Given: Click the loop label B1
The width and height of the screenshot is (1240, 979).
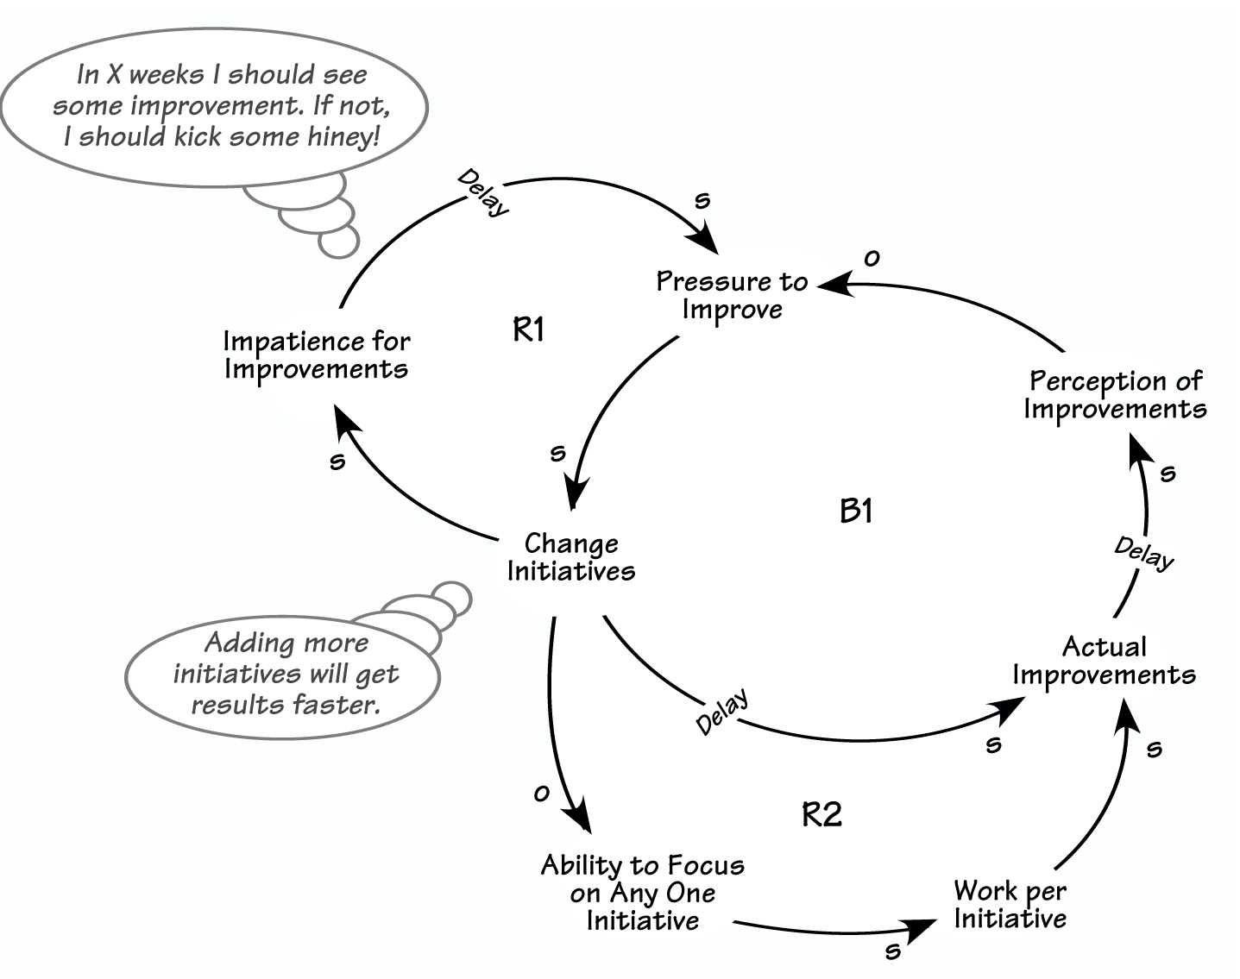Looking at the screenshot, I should coord(856,511).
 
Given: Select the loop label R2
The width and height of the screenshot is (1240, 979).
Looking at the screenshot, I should coord(821,813).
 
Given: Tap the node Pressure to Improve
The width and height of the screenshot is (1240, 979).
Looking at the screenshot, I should coord(732,295).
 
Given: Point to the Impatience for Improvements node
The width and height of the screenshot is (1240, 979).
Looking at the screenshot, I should coord(317,355).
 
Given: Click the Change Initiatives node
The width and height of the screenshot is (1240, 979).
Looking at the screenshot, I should coord(571,557).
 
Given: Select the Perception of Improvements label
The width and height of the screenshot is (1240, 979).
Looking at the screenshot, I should coord(1115,394).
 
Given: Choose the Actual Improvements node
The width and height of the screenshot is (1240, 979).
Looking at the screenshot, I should coord(1105,660).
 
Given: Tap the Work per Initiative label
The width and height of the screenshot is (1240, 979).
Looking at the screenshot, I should coord(1010,904).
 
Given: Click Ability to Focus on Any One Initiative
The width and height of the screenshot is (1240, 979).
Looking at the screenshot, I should coord(643,893).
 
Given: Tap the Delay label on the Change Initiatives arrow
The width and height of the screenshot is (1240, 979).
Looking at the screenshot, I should coord(721,712).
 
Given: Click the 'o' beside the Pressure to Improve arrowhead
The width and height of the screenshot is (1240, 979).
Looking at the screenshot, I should coord(872,258).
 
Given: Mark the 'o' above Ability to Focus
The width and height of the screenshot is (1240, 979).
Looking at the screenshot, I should coord(541,794).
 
